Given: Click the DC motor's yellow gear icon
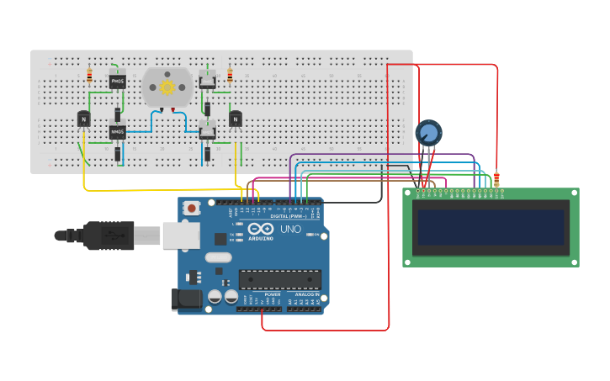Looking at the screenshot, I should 167,87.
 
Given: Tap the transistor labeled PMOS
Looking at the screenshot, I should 117,82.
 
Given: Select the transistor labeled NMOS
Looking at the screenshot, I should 117,132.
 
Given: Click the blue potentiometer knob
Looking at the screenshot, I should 428,133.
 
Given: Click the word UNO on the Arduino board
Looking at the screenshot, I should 290,229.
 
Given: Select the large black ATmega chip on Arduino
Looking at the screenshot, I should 279,279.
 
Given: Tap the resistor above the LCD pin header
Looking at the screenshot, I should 496,178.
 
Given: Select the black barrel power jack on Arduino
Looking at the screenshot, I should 187,299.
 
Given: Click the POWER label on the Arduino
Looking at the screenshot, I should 272,294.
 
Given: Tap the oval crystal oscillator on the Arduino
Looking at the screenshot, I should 217,259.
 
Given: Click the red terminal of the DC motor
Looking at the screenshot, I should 173,109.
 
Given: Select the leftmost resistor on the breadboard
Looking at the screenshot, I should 90,76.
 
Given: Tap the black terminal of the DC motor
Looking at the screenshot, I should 162,109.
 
